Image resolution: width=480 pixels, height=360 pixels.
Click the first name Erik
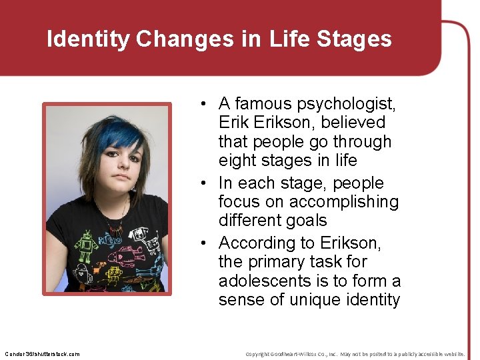(234, 123)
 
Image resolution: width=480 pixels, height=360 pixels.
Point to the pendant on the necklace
(117, 230)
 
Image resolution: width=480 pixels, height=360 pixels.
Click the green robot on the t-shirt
(85, 247)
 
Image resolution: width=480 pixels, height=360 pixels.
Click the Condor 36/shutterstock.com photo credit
(41, 354)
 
